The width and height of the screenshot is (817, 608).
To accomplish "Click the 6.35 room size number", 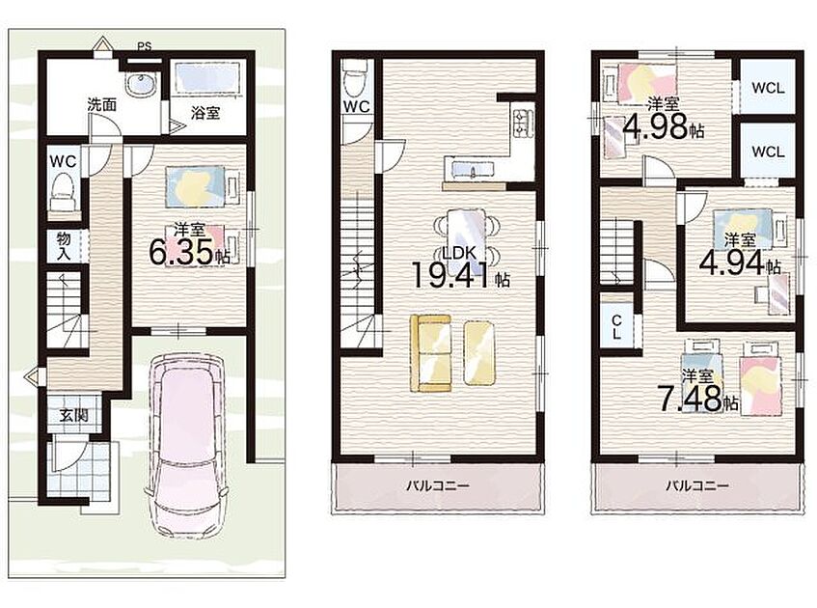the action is point(182,254).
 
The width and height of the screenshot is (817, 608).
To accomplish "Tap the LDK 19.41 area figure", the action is point(451,274).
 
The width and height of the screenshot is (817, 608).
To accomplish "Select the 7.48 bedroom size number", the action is point(690,399).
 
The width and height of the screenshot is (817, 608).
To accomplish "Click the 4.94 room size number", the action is point(732,263).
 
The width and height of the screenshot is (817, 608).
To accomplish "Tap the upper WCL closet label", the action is point(768,88).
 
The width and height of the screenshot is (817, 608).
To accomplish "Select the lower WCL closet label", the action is point(768,152).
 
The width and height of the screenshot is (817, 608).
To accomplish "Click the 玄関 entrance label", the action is point(73,416).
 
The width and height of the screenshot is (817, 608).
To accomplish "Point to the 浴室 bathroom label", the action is point(205,113).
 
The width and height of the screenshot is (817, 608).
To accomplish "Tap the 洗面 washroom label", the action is point(101,105).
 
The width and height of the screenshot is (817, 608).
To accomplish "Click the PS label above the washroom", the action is point(145,46).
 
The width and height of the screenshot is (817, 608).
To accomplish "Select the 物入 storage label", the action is point(64,247).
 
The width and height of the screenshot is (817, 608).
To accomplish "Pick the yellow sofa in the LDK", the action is point(430,353).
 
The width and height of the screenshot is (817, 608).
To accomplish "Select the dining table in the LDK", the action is point(466,235).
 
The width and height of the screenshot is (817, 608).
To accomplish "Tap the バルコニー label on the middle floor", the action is point(438,486).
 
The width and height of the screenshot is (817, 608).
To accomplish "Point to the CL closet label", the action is point(616,327).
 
